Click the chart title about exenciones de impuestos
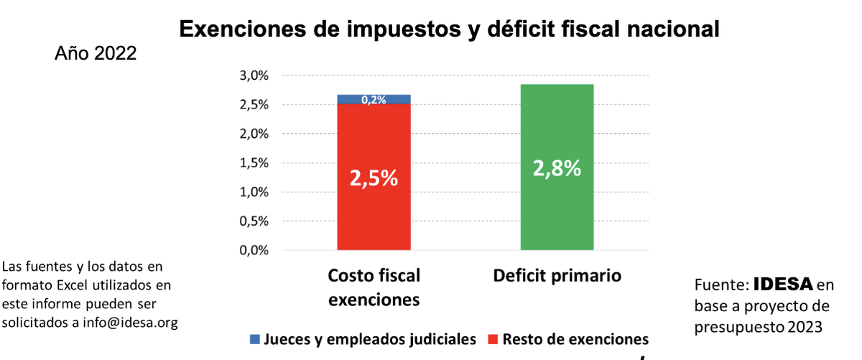coord(449,29)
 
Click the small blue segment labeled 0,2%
coord(374,99)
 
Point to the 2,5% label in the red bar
coord(374,178)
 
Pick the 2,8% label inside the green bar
coord(557,168)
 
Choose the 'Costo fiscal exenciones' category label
coord(374,287)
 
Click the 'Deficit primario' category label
coord(557,276)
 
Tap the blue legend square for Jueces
coord(255,339)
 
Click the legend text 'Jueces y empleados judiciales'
coord(371,339)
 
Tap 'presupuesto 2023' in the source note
coord(758,326)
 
